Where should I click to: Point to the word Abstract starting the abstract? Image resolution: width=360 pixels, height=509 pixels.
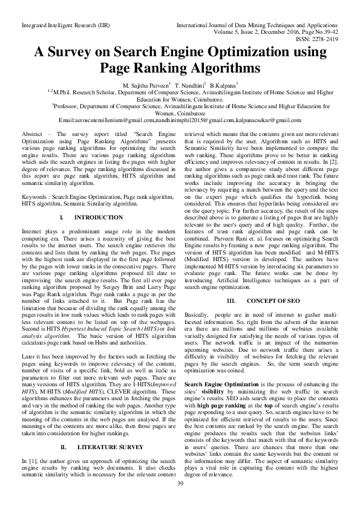tap(31, 132)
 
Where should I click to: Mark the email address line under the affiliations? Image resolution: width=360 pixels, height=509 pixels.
tap(180, 120)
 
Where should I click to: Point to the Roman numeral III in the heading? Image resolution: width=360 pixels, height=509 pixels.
tap(230, 300)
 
